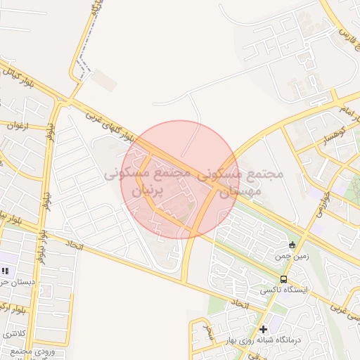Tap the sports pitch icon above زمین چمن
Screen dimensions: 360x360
coord(292,245)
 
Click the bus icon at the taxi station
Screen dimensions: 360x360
coord(283,279)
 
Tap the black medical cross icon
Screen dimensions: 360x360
coord(263,328)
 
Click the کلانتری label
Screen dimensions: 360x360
coord(13,332)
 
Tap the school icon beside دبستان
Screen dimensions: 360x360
coord(6,271)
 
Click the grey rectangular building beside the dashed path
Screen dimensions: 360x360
coord(104,81)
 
